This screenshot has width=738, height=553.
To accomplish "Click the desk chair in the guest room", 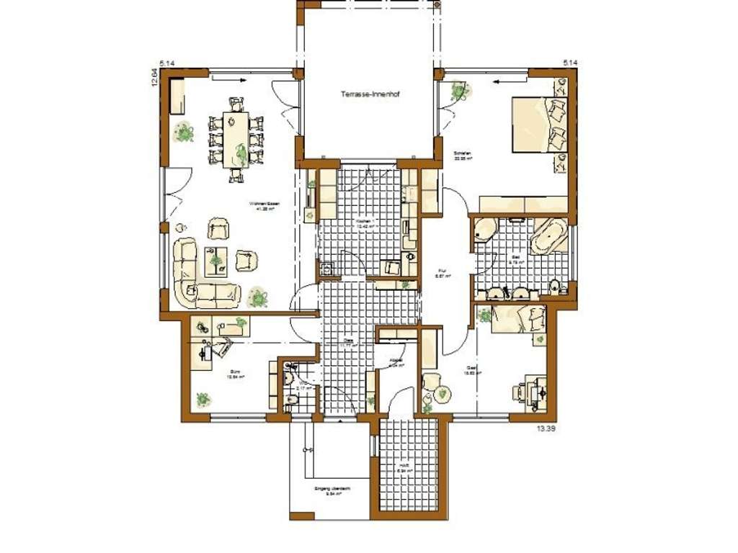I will [x=521, y=392].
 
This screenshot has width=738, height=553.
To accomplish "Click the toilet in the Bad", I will [x=554, y=287].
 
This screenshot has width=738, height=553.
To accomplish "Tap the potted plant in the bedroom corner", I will [x=458, y=91].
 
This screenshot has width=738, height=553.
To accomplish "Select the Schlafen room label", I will [x=462, y=156].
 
